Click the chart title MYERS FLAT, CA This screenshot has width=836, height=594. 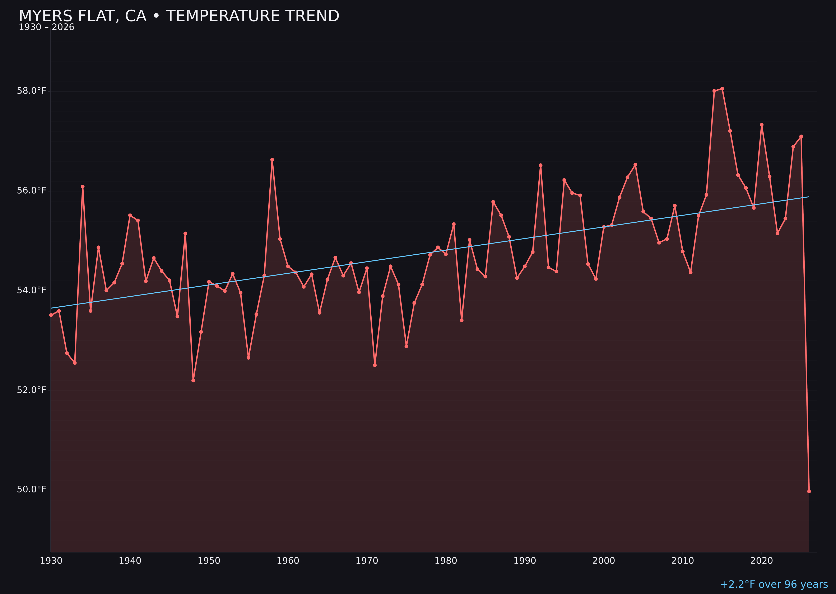pos(179,16)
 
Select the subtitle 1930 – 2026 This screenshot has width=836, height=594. pos(46,27)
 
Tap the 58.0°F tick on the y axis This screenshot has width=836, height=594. pos(32,91)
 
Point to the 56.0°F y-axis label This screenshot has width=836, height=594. pos(32,190)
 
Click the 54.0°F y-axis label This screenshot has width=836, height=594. pos(32,290)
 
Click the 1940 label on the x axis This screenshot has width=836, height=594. pos(130,561)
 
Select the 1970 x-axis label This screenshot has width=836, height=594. pos(367,561)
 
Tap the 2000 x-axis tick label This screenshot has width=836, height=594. pos(604,561)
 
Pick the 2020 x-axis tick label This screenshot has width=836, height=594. pos(762,561)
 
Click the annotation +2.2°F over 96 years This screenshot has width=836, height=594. pos(774,584)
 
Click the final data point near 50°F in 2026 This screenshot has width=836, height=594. pos(809,491)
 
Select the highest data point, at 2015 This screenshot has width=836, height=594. pos(722,89)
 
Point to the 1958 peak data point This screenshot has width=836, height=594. pos(272,160)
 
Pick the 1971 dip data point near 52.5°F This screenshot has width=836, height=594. pos(375,365)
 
